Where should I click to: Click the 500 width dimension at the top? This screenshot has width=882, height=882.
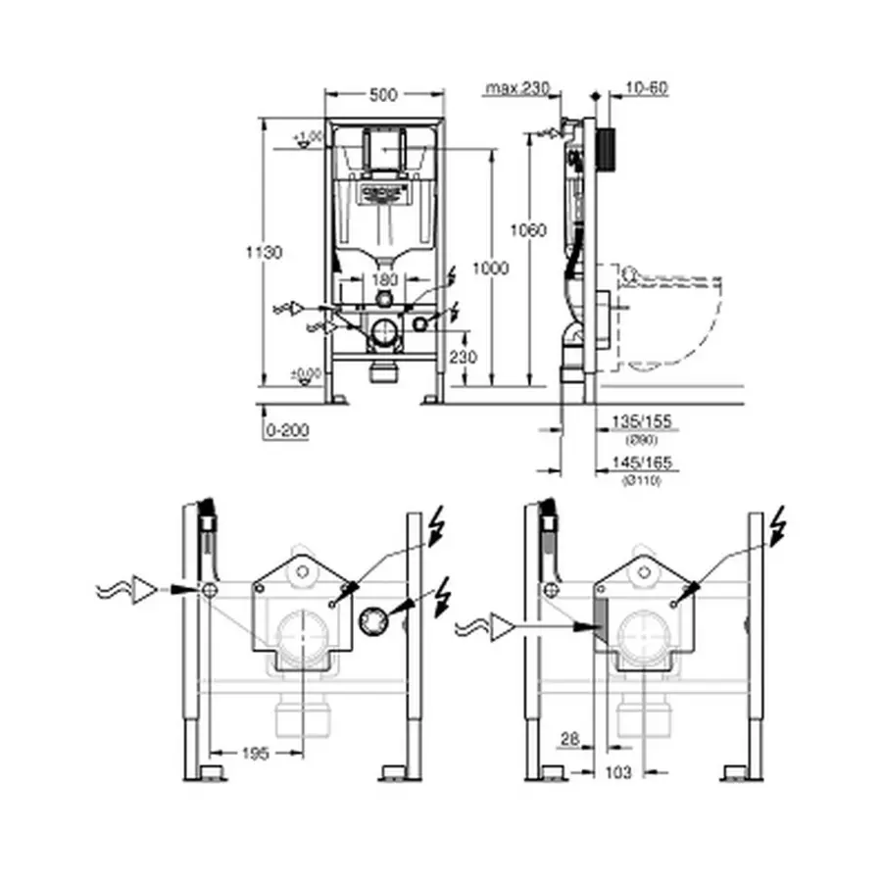click(384, 95)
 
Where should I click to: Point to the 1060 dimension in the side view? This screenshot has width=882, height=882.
click(528, 230)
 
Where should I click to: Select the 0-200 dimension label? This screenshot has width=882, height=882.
click(287, 431)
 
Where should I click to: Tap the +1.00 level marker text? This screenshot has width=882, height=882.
click(311, 135)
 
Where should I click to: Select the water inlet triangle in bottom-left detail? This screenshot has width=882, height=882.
click(146, 589)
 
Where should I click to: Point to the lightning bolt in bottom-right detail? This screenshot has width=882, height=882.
click(776, 525)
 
